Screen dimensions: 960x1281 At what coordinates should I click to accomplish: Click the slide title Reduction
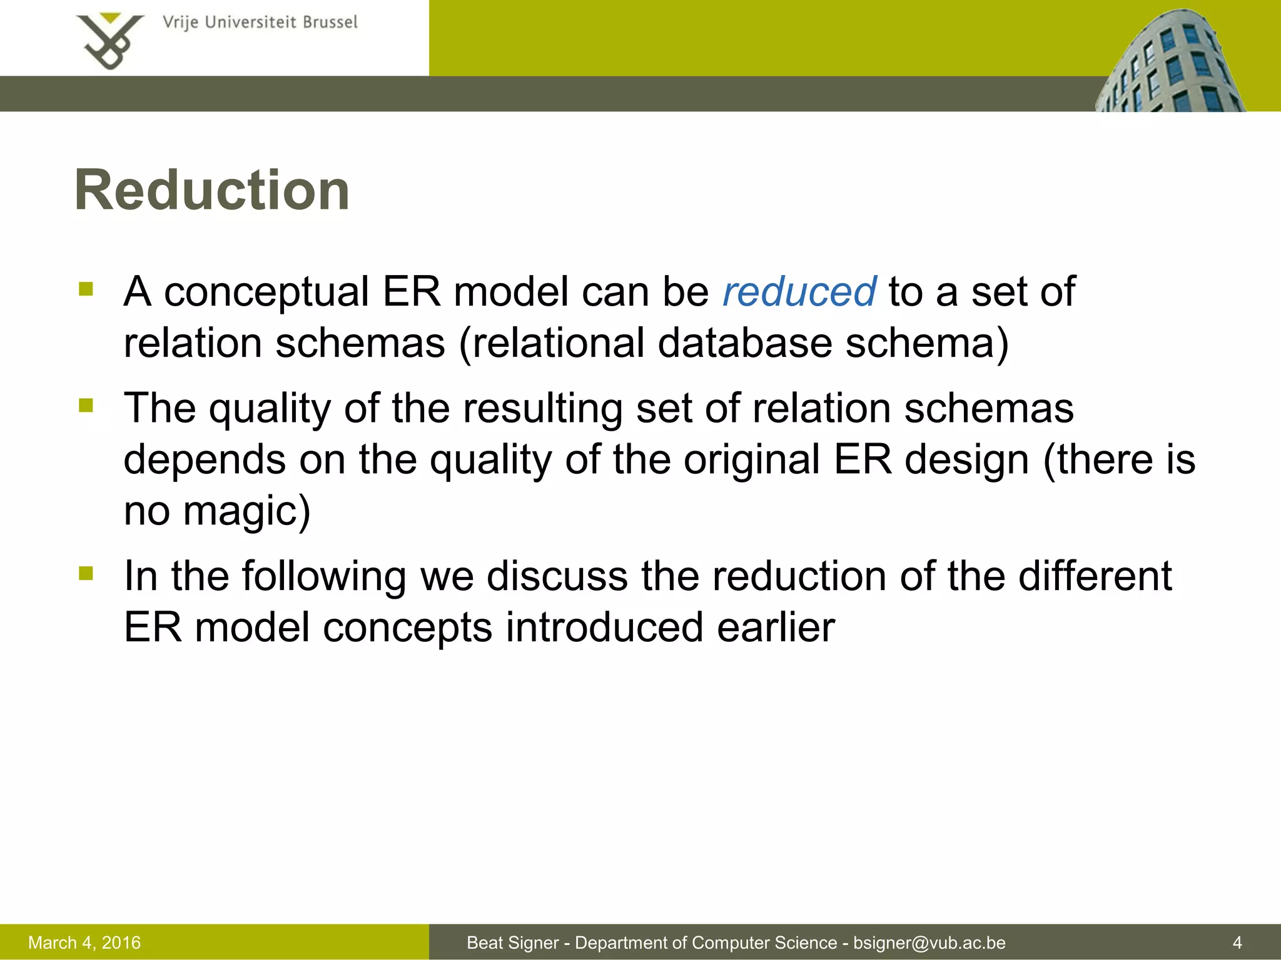point(211,191)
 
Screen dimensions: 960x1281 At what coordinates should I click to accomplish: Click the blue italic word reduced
point(799,292)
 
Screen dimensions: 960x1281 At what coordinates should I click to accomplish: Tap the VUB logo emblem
point(110,41)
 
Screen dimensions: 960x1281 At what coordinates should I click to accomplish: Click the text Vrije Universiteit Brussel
point(260,22)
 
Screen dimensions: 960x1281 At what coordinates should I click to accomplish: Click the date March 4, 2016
point(84,942)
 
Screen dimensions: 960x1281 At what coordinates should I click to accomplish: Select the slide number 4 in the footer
point(1237,942)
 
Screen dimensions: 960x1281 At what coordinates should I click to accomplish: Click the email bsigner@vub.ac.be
point(929,942)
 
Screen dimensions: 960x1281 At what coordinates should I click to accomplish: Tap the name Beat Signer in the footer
point(512,942)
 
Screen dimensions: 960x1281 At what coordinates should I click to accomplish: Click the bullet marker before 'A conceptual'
point(86,289)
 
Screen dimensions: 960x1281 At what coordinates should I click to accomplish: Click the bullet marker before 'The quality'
point(86,406)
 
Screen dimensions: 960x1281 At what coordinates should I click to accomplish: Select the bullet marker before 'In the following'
point(86,573)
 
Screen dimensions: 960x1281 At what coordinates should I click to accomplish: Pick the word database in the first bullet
point(744,344)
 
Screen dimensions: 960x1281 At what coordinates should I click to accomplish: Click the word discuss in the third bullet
point(557,576)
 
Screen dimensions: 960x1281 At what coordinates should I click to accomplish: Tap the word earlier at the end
point(776,627)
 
